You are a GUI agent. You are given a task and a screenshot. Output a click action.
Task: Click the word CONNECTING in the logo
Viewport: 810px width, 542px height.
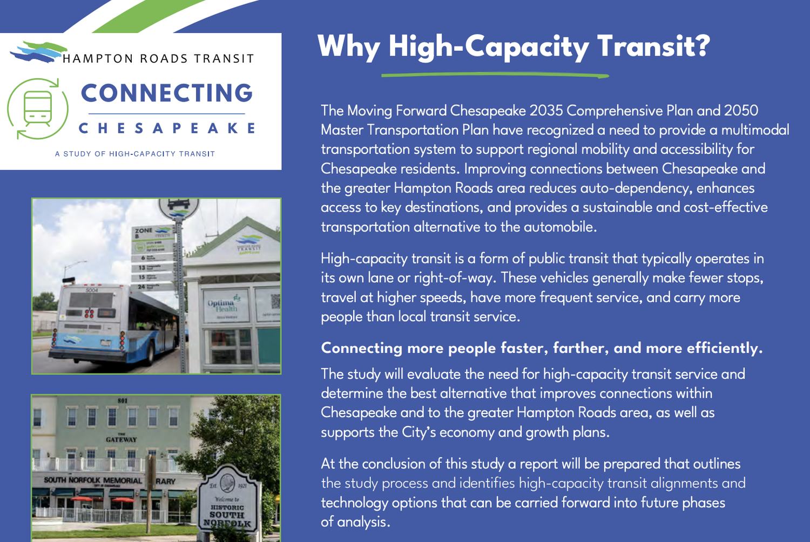coord(167,93)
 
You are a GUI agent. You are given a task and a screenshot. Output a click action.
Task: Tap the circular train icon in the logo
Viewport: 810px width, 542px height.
coord(38,109)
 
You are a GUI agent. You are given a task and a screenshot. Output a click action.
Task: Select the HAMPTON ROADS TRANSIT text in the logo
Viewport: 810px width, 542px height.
coord(158,58)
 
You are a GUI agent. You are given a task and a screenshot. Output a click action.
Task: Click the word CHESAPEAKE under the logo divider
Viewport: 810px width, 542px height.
coord(167,128)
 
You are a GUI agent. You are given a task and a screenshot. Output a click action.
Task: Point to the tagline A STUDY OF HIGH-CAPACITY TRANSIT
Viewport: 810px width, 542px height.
coord(135,154)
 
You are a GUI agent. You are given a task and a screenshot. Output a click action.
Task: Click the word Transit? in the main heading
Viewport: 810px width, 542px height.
coord(653,46)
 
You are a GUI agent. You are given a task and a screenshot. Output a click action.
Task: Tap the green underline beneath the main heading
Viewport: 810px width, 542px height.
coord(495,75)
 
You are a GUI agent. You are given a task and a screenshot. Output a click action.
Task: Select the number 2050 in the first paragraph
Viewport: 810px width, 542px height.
coord(741,111)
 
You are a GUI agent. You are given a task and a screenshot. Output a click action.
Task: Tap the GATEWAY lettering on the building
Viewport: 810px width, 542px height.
coord(122,439)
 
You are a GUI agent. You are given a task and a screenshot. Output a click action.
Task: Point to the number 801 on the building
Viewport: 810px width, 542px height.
coord(123,401)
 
